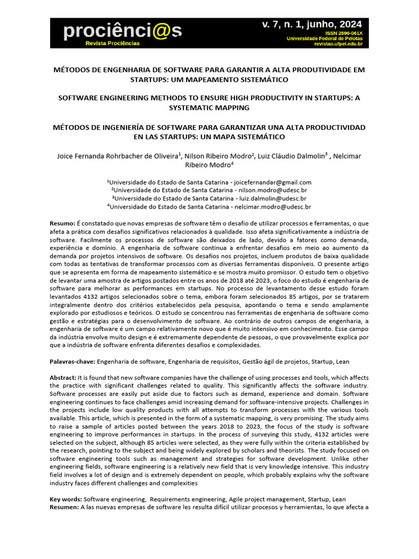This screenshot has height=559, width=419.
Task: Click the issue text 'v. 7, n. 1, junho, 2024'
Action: pos(312,25)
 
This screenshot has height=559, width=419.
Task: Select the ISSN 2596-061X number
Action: pos(344,33)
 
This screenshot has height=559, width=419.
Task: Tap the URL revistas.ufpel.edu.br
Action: pos(338,44)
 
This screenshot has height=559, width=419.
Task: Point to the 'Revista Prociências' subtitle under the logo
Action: pos(112,43)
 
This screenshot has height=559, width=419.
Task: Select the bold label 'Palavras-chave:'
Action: pos(73,361)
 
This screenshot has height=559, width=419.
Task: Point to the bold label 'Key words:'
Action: pos(66,499)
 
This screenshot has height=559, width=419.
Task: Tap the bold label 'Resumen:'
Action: pos(64,508)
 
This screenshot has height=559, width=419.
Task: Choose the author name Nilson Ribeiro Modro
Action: pos(219,156)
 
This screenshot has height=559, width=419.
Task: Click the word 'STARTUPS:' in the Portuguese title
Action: pos(151,80)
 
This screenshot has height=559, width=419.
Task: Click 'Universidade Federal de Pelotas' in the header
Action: pos(324,39)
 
